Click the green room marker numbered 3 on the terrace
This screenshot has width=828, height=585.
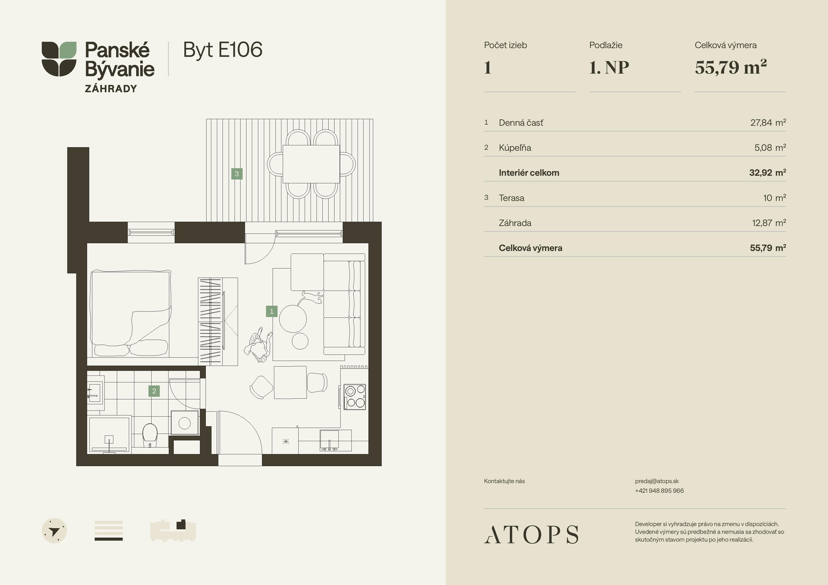coord(237,174)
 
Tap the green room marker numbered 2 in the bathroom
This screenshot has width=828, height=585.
coord(154,391)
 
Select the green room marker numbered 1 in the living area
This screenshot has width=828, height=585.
coord(271,311)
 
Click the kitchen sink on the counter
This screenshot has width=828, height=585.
coord(329,440)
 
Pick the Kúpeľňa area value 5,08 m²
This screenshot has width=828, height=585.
coord(770,148)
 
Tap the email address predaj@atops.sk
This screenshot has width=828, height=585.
coord(657,481)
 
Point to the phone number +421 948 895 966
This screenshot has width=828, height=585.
coord(659,491)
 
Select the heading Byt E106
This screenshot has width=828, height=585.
coord(223,50)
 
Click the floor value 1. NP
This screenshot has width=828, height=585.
coord(609,67)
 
